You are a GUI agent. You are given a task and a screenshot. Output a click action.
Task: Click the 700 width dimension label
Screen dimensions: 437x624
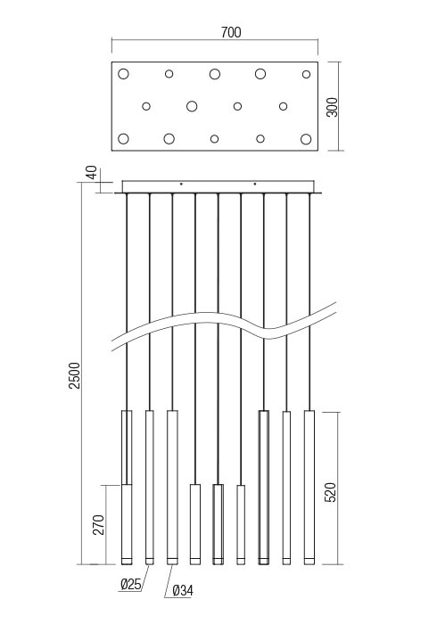click(x=231, y=32)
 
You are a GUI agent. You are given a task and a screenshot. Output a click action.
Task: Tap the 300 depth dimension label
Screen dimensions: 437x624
click(x=332, y=107)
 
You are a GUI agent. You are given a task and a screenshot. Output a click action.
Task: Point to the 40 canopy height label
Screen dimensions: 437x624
click(x=92, y=173)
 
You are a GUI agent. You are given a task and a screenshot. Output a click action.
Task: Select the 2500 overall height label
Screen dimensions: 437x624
click(x=75, y=375)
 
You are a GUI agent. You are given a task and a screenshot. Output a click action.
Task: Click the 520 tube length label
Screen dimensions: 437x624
click(x=331, y=492)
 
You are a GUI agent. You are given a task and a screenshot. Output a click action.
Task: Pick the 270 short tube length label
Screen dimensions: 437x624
click(x=98, y=525)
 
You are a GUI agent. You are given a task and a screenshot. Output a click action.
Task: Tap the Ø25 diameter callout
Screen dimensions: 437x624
click(x=130, y=584)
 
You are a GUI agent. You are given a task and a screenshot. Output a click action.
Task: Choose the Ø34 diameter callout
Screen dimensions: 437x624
click(x=183, y=591)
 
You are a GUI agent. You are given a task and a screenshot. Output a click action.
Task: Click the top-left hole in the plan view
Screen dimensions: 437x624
click(x=123, y=74)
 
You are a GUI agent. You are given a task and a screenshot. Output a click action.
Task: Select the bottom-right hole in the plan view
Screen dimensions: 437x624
click(x=306, y=139)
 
